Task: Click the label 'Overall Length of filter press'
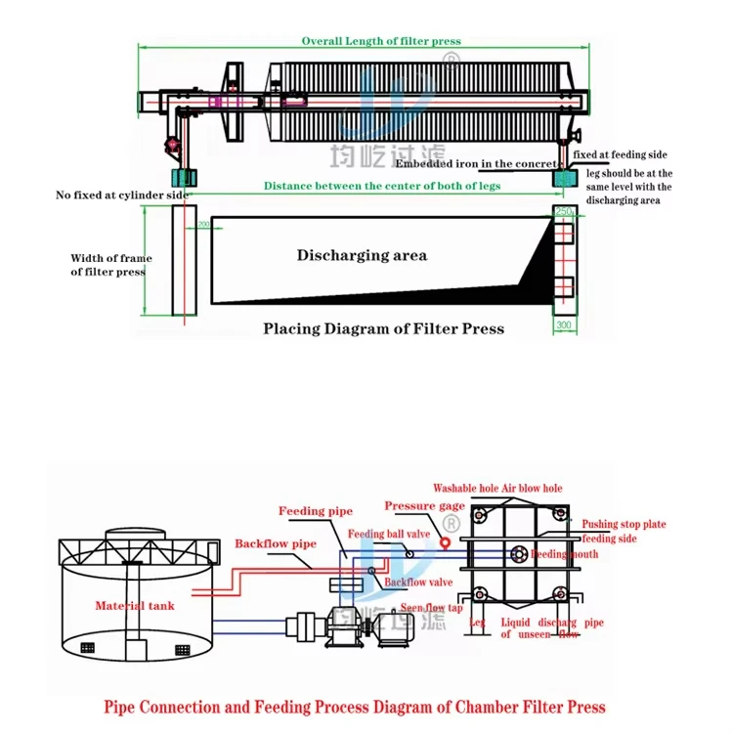click(380, 41)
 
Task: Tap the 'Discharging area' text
click(362, 255)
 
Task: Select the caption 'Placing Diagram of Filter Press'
click(383, 328)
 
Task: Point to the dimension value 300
click(563, 323)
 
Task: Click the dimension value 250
click(563, 211)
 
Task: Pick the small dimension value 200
click(203, 225)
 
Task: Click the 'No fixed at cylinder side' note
click(122, 195)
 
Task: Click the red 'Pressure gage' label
click(424, 506)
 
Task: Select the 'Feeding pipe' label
click(316, 511)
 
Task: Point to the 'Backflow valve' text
click(417, 582)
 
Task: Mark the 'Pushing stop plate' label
click(624, 525)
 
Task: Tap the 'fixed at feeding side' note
click(621, 154)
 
